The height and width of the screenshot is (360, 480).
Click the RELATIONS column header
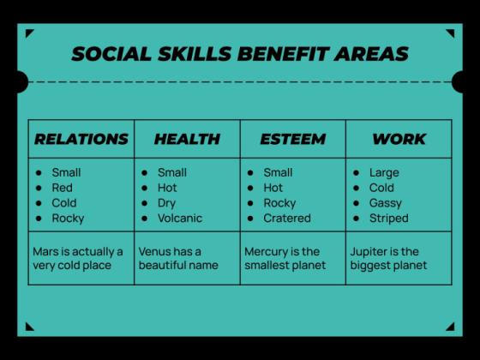coord(81,139)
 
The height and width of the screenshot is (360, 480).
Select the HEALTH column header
coord(187,139)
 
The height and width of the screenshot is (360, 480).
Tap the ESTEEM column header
coord(292,139)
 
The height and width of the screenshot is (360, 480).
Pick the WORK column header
coord(399,139)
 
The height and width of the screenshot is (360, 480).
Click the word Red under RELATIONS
coord(62,188)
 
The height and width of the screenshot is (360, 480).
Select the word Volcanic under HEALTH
coord(180,218)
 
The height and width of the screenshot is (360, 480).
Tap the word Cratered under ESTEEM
coord(287,218)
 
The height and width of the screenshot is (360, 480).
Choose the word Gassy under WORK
coord(386,203)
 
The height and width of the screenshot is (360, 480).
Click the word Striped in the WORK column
coord(389,218)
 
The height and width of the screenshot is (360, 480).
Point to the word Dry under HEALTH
coord(166,203)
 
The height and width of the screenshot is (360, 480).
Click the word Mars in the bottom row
coord(46,252)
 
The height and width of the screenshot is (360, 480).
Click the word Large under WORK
coord(384,172)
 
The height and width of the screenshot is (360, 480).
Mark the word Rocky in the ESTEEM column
coord(279,203)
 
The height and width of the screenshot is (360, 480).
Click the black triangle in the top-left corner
coord(29,34)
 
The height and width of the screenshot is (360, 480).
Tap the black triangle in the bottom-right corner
coord(450,326)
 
